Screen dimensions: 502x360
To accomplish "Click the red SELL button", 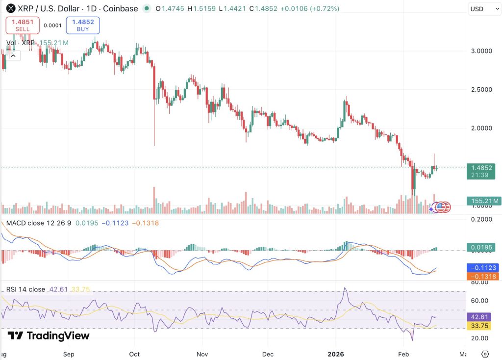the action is click(23, 26).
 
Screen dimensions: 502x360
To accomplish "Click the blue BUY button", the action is click(83, 26).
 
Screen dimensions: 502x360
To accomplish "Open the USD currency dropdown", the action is click(484, 9).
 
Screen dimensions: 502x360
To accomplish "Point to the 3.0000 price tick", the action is click(481, 51).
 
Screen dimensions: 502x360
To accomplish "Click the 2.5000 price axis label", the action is click(481, 90).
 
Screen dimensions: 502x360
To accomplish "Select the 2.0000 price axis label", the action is click(481, 128).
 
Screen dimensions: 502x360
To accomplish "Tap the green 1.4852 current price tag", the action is click(481, 171).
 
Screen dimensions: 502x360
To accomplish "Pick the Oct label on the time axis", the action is click(134, 354).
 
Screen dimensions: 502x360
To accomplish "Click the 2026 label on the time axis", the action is click(336, 354).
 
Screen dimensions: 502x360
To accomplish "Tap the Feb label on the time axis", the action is click(403, 354).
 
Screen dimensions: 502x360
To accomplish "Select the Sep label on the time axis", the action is click(69, 354).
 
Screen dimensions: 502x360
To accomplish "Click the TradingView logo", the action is click(49, 335).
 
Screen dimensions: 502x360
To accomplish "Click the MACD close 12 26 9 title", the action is click(39, 223).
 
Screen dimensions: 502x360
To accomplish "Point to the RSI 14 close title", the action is click(25, 289).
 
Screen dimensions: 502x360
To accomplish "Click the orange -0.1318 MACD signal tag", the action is click(482, 277).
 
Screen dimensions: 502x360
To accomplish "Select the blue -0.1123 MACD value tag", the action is click(482, 267).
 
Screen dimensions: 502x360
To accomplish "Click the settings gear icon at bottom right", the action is click(485, 354).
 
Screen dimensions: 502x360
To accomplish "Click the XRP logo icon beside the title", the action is click(11, 8).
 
